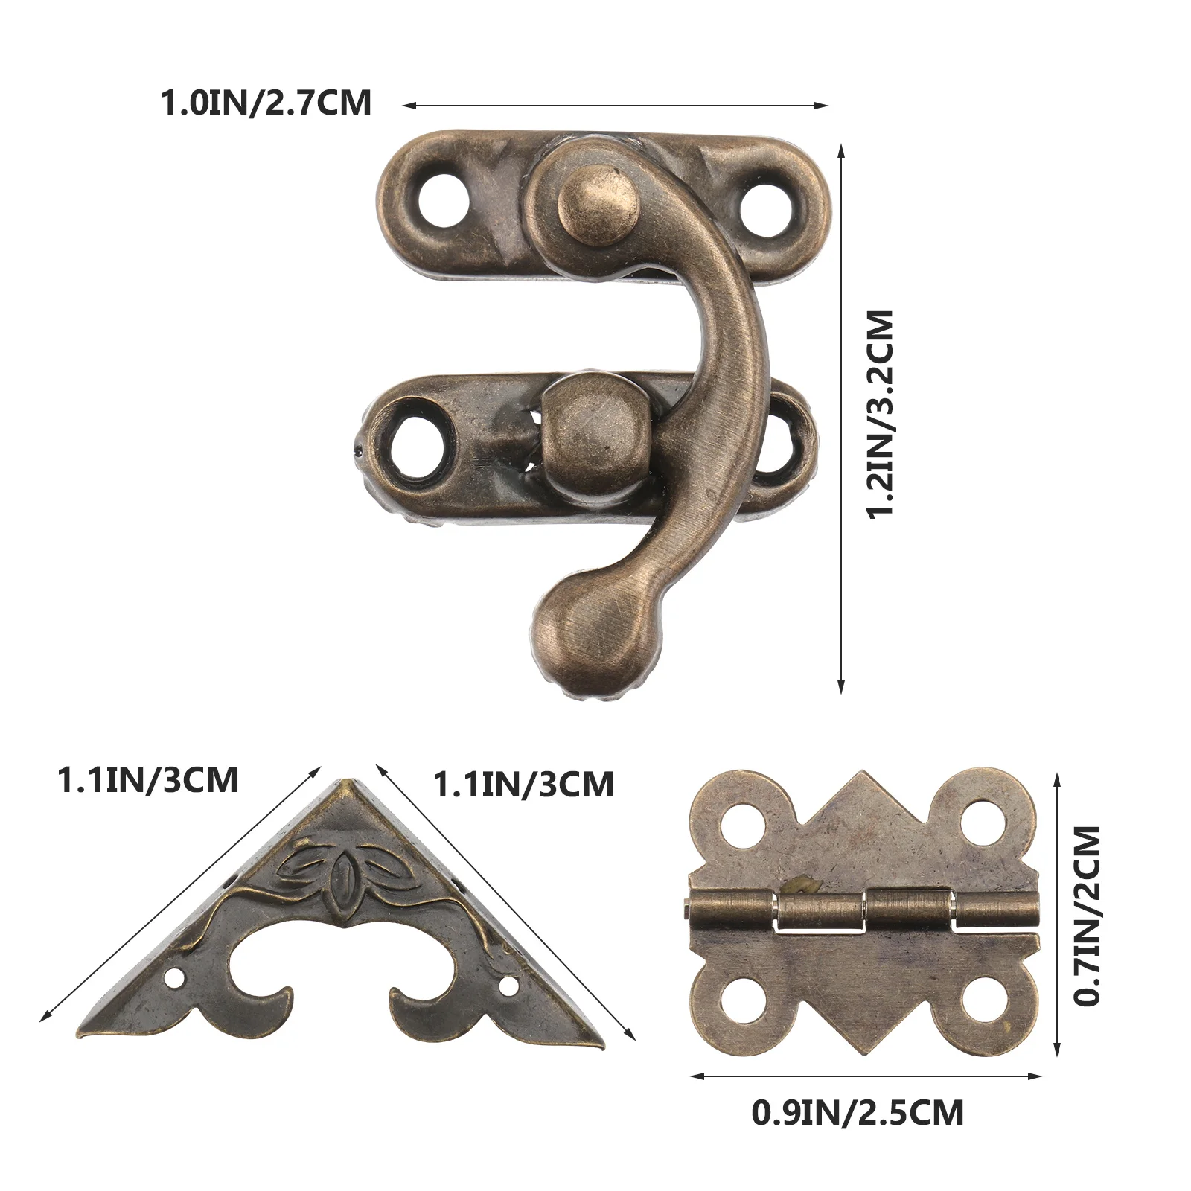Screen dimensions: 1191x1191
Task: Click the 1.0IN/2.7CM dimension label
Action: click(x=266, y=103)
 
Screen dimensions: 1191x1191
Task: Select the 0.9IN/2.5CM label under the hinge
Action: click(x=858, y=1113)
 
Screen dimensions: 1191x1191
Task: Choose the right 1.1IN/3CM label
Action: click(x=524, y=785)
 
